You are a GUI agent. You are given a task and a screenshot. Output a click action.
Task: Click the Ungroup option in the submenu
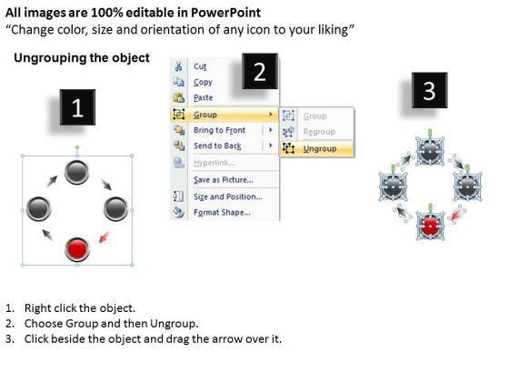pos(320,149)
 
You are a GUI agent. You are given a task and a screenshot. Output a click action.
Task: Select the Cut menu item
pos(200,66)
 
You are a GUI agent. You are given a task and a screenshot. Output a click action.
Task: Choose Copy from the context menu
pos(203,82)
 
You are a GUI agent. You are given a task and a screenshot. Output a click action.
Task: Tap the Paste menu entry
pos(204,97)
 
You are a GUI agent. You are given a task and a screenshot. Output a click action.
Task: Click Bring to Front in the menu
pos(219,130)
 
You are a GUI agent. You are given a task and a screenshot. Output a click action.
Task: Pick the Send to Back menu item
pos(217,146)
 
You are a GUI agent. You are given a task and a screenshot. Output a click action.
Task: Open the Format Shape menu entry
pos(222,213)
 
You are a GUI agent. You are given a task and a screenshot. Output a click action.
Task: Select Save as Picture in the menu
pos(224,180)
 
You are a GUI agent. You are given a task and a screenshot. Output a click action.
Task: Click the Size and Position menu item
pos(228,196)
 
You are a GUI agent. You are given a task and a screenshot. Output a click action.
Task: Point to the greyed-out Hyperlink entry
pos(215,163)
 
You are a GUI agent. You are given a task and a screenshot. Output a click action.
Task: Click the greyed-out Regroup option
pos(319,132)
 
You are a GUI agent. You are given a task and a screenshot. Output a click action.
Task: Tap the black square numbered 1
pos(77,107)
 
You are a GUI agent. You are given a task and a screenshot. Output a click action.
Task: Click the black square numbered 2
pos(260,71)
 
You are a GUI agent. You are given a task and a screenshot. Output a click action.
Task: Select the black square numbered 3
pos(429,90)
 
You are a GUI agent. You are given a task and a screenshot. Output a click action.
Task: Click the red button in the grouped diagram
pos(77,249)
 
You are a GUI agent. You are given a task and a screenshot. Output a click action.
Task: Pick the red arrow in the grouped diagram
pos(105,237)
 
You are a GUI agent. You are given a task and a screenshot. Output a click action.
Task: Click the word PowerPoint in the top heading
pos(225,13)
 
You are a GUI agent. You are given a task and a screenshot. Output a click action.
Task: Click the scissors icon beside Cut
pos(178,65)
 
